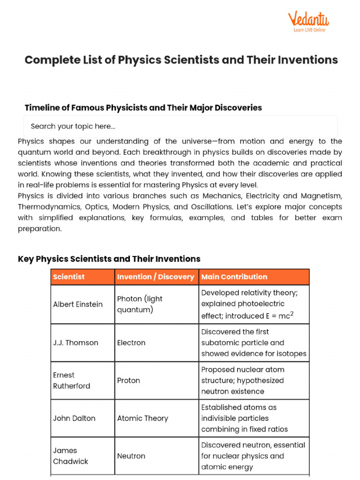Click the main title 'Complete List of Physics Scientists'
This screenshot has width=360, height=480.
coord(181,60)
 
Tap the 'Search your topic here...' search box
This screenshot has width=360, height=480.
coord(180,126)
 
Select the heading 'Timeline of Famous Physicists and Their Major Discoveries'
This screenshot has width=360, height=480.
coord(143,108)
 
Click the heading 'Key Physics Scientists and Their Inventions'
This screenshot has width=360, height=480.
coord(109,259)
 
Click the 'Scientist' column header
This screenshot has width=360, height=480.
coord(69,277)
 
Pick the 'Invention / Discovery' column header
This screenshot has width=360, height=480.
coord(156,277)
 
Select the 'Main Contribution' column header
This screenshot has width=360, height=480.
coord(234,277)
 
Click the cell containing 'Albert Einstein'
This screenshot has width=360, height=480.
coord(78,304)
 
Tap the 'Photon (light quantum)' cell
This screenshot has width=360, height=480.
coord(140,304)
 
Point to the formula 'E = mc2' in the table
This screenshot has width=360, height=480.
coord(279,315)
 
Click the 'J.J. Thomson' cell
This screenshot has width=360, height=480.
coord(75,343)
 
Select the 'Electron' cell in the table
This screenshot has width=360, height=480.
coord(131,343)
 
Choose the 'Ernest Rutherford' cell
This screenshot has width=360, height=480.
coord(72,381)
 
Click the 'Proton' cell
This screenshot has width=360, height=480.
coord(128,381)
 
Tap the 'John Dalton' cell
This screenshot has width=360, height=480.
coord(75,418)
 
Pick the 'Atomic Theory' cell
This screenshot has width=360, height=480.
coord(142,418)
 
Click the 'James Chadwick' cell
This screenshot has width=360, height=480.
coord(71,456)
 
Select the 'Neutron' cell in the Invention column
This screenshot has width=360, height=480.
coord(131,456)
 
